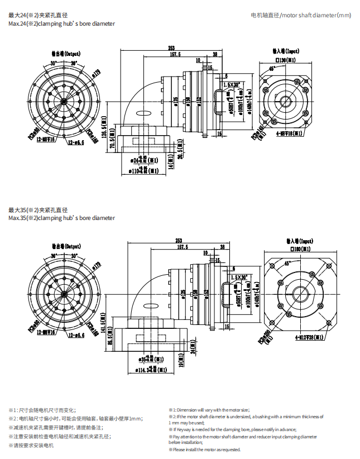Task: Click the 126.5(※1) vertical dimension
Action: (104, 132)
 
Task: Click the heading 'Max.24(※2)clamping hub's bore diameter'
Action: (62, 24)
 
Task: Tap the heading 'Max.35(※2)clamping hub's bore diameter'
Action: (62, 218)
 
